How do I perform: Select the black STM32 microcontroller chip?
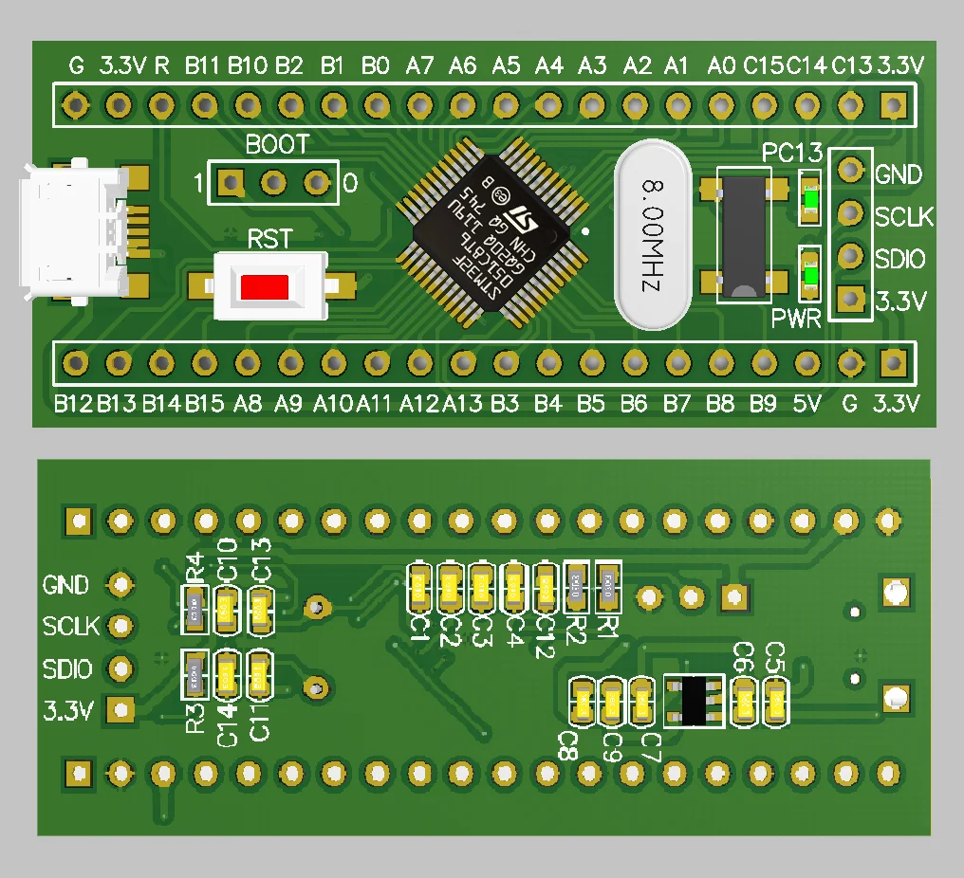[x=491, y=232]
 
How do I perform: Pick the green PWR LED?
[x=810, y=276]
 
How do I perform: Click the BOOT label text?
[x=277, y=145]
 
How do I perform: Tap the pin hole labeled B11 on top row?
[x=203, y=102]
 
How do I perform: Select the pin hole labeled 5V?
[x=806, y=361]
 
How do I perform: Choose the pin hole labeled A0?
[x=720, y=102]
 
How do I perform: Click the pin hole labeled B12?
[x=74, y=361]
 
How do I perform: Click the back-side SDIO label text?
[x=67, y=669]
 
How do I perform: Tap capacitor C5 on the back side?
[x=777, y=703]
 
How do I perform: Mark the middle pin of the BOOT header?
[x=273, y=181]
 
